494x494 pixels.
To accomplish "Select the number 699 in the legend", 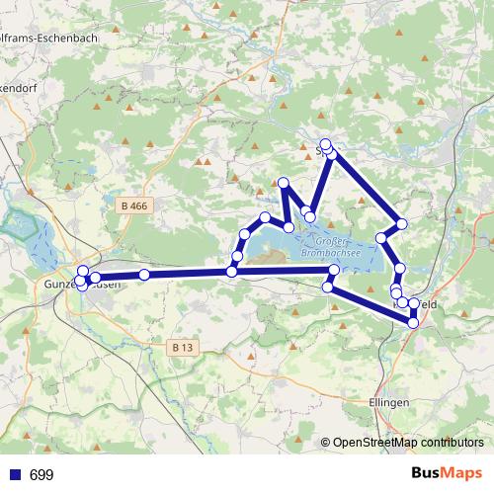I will tap(41, 475).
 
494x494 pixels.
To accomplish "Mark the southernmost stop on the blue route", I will tap(413, 322).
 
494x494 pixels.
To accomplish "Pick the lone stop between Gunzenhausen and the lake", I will tap(144, 274).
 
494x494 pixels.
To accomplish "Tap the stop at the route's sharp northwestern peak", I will tap(284, 183).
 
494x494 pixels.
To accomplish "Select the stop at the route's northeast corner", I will tap(401, 223).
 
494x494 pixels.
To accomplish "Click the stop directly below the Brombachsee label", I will tap(334, 270).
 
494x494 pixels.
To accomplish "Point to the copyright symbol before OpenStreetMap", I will tap(327, 444).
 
